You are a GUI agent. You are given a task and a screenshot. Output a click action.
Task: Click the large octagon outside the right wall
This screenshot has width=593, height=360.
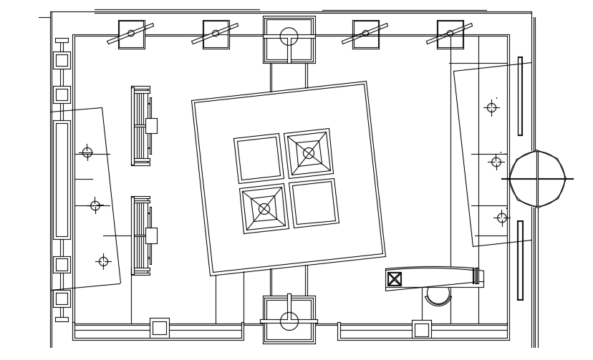[x=537, y=179]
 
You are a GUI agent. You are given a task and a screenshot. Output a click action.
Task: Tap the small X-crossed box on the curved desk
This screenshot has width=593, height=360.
[x=395, y=279]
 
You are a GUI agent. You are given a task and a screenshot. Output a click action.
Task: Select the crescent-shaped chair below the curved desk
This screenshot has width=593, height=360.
[x=438, y=295]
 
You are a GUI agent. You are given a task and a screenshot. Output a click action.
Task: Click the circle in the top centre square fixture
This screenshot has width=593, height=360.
[x=289, y=37]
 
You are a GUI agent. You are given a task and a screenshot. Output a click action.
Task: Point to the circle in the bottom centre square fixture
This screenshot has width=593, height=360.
[x=289, y=321]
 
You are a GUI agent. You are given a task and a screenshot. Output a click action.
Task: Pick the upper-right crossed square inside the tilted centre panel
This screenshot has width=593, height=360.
[x=309, y=153]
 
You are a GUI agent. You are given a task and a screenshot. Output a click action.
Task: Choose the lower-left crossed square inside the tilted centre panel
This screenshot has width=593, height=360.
[x=264, y=209]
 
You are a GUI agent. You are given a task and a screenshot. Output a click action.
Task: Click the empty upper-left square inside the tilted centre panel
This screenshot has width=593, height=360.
[x=259, y=158]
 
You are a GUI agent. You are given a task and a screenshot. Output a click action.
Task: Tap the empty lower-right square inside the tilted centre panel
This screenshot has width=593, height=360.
[x=314, y=203]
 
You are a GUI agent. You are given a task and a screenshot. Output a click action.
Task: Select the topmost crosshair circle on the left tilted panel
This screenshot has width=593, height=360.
[x=87, y=152]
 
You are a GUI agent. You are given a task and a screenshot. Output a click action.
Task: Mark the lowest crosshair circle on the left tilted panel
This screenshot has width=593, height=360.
[x=103, y=261]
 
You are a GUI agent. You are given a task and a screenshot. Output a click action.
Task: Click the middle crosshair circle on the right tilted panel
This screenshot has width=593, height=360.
[x=496, y=162]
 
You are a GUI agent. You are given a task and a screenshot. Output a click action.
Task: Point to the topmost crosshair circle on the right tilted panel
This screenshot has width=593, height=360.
[x=491, y=107]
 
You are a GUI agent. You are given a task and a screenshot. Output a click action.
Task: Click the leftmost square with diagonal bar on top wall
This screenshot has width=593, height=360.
[x=131, y=34]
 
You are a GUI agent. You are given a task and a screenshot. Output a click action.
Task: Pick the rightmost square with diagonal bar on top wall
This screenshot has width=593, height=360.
[x=450, y=34]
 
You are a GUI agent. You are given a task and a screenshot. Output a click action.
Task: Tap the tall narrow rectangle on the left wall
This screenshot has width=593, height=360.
[x=62, y=180]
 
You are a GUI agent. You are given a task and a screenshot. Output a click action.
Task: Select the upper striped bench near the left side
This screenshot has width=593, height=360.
[x=140, y=126]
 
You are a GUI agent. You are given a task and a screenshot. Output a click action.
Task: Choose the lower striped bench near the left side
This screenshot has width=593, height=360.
[x=140, y=235]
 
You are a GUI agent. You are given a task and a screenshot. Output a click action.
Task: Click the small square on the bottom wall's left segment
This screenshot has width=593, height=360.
[x=159, y=328]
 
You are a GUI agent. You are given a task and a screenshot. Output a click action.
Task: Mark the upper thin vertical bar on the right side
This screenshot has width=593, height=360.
[x=520, y=96]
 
